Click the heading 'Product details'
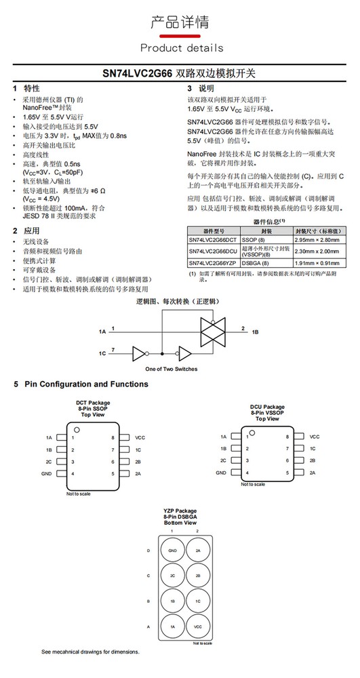(181, 47)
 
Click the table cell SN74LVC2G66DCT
(213, 240)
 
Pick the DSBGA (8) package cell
(258, 262)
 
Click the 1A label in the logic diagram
(102, 332)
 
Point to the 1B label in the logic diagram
(255, 332)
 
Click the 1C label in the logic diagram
(102, 353)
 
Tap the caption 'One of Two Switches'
(172, 368)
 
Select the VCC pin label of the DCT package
(140, 437)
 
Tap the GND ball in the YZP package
(172, 551)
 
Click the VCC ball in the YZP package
(197, 626)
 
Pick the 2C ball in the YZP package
(172, 576)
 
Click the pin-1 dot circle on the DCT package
(77, 430)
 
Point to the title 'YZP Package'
(180, 510)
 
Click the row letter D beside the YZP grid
(148, 551)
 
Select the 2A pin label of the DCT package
(139, 473)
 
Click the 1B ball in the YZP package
(172, 601)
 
